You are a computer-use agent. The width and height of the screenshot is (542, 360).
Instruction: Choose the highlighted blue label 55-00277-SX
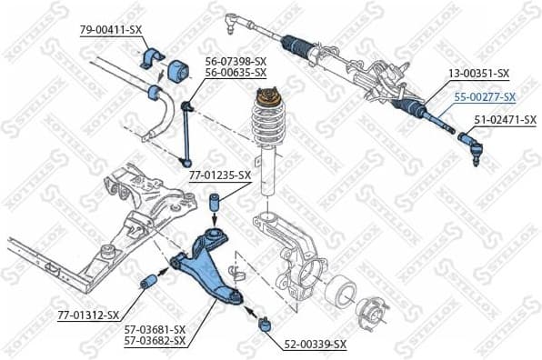tap(486, 97)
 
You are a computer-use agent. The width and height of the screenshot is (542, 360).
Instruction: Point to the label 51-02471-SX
tap(498, 118)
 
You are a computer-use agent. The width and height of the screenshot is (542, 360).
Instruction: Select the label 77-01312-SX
tap(87, 315)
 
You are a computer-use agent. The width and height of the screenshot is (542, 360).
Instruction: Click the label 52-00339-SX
tap(316, 345)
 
